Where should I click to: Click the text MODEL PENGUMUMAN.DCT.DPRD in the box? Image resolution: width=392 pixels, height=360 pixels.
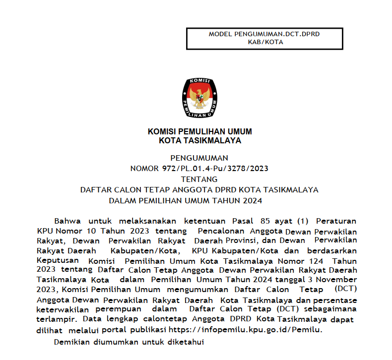[x=264, y=35]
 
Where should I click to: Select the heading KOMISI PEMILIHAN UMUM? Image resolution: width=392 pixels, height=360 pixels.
[x=200, y=132]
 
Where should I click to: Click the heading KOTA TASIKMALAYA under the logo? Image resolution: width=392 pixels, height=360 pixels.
[x=200, y=140]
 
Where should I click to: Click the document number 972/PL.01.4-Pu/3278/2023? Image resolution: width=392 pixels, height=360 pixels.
[x=215, y=169]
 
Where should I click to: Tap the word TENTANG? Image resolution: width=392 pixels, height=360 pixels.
[x=199, y=179]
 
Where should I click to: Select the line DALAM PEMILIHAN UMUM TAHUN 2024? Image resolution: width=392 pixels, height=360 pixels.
[x=185, y=201]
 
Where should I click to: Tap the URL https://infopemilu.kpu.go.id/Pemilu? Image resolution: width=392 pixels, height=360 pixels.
[x=246, y=329]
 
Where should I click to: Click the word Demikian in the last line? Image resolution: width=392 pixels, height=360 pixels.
[x=71, y=342]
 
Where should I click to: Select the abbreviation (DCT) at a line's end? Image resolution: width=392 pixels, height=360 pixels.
[x=346, y=288]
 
